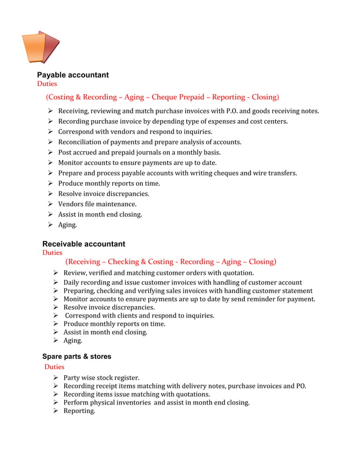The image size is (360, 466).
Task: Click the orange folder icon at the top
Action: click(x=40, y=47)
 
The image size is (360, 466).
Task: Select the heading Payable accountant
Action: click(x=73, y=75)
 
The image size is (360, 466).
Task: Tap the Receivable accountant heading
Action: click(x=84, y=244)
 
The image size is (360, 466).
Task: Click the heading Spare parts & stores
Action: click(x=77, y=357)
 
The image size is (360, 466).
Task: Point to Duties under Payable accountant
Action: click(x=47, y=84)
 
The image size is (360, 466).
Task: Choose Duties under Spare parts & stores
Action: click(x=54, y=367)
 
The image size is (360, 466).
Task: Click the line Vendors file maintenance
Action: click(x=97, y=204)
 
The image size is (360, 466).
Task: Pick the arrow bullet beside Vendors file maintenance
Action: click(x=50, y=204)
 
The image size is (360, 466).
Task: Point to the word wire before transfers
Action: click(x=257, y=173)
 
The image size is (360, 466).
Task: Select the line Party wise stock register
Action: click(x=101, y=377)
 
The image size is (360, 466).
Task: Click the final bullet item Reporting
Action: click(x=79, y=411)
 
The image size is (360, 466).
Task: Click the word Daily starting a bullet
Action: click(x=72, y=282)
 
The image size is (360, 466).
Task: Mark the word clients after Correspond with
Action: click(x=125, y=315)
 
